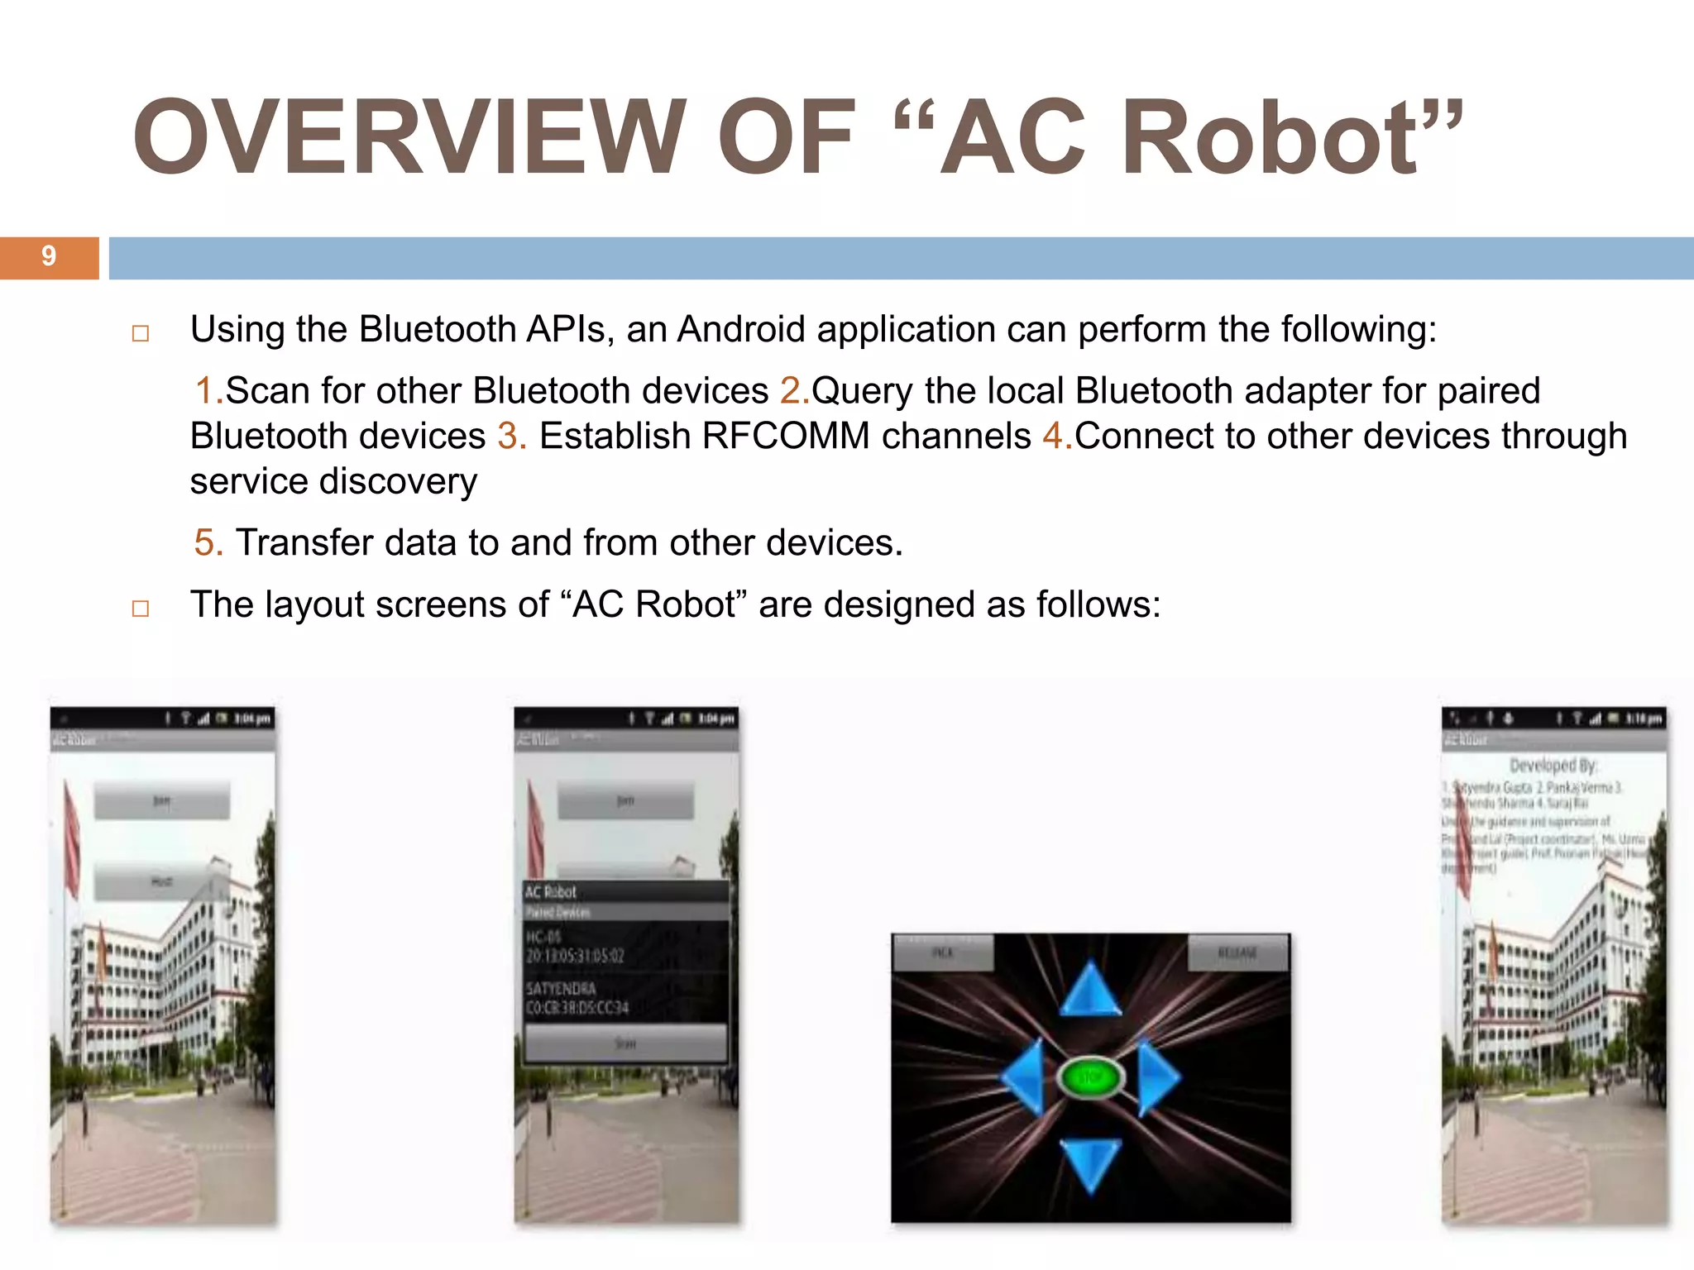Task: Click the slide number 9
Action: tap(49, 256)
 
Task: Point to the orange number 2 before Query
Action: tap(791, 391)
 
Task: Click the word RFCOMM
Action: tap(786, 437)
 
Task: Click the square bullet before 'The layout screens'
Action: tap(141, 609)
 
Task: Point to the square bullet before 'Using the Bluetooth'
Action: tap(141, 333)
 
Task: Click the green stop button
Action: tap(1090, 1077)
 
